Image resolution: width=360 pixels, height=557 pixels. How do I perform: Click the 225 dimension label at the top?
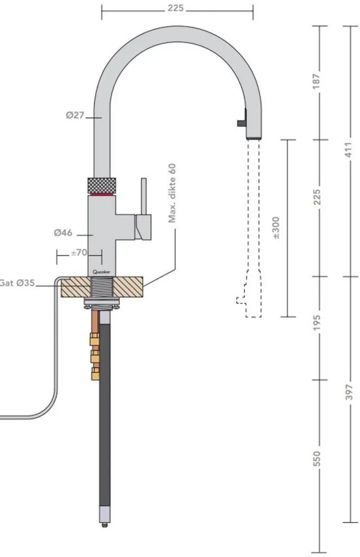176,8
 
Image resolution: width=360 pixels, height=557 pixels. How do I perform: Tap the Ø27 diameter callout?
75,116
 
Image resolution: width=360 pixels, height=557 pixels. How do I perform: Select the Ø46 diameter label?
63,233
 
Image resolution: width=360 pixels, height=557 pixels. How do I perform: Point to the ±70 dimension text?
79,253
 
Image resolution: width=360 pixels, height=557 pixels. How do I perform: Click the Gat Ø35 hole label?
17,283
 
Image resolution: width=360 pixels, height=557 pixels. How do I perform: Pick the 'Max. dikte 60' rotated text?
172,193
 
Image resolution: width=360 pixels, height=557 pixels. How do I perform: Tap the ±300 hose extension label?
276,228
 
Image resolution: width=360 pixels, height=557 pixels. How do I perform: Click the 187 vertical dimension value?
316,81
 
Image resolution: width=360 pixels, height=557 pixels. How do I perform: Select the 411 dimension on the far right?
349,149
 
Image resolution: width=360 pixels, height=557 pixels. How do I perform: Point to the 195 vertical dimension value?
316,323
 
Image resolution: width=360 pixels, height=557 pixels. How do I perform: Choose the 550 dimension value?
316,459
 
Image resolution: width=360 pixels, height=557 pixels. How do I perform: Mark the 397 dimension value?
349,392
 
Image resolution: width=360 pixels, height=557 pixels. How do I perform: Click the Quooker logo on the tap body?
101,272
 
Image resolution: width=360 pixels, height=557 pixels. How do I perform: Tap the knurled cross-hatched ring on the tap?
102,186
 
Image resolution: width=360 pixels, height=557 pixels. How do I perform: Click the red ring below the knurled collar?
102,194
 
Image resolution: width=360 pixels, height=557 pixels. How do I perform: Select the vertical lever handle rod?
144,196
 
